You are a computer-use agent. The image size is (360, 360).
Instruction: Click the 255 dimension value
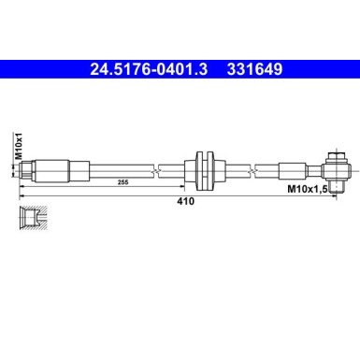[121, 184]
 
